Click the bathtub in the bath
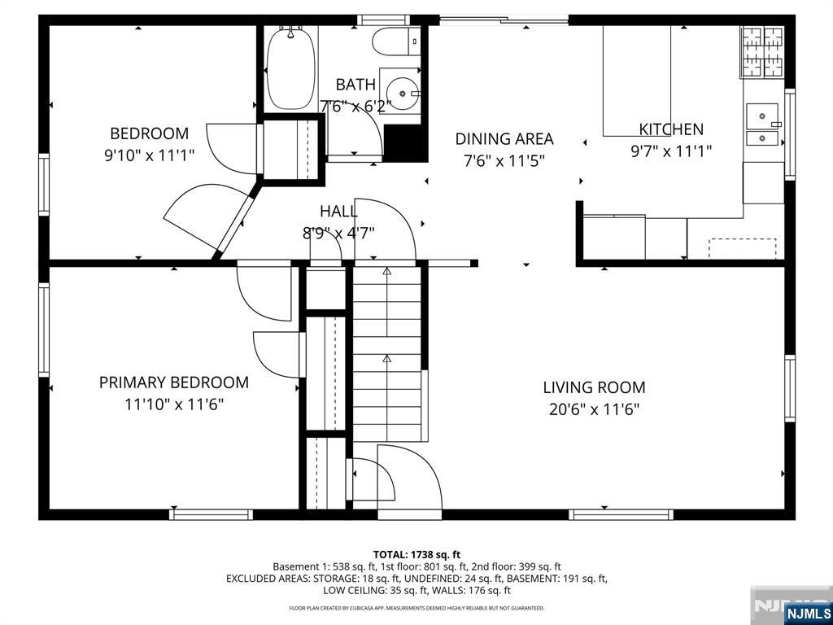click(x=290, y=68)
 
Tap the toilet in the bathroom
click(x=396, y=42)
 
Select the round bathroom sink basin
click(x=402, y=94)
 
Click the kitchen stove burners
click(x=762, y=52)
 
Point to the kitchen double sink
click(x=763, y=125)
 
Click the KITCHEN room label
click(x=671, y=129)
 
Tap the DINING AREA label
click(x=504, y=138)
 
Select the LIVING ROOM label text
click(x=594, y=387)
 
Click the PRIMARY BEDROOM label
click(x=174, y=382)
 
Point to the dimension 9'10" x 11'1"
click(x=150, y=155)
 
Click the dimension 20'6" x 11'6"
click(x=594, y=409)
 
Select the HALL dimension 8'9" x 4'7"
click(x=338, y=233)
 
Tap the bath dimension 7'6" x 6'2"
click(x=355, y=107)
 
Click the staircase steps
click(x=387, y=353)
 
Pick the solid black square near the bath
click(x=405, y=143)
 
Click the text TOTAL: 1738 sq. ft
click(x=416, y=555)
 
